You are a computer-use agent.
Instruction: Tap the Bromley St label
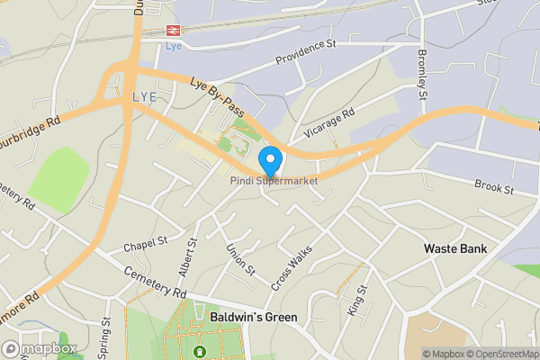420,74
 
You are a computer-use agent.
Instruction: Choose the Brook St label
495,189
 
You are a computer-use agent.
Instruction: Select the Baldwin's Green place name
253,318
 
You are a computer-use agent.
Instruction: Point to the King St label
357,301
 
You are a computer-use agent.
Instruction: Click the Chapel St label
145,243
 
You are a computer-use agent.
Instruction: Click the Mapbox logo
39,348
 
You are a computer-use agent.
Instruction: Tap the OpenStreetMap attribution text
499,354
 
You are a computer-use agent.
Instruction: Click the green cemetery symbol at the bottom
199,351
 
